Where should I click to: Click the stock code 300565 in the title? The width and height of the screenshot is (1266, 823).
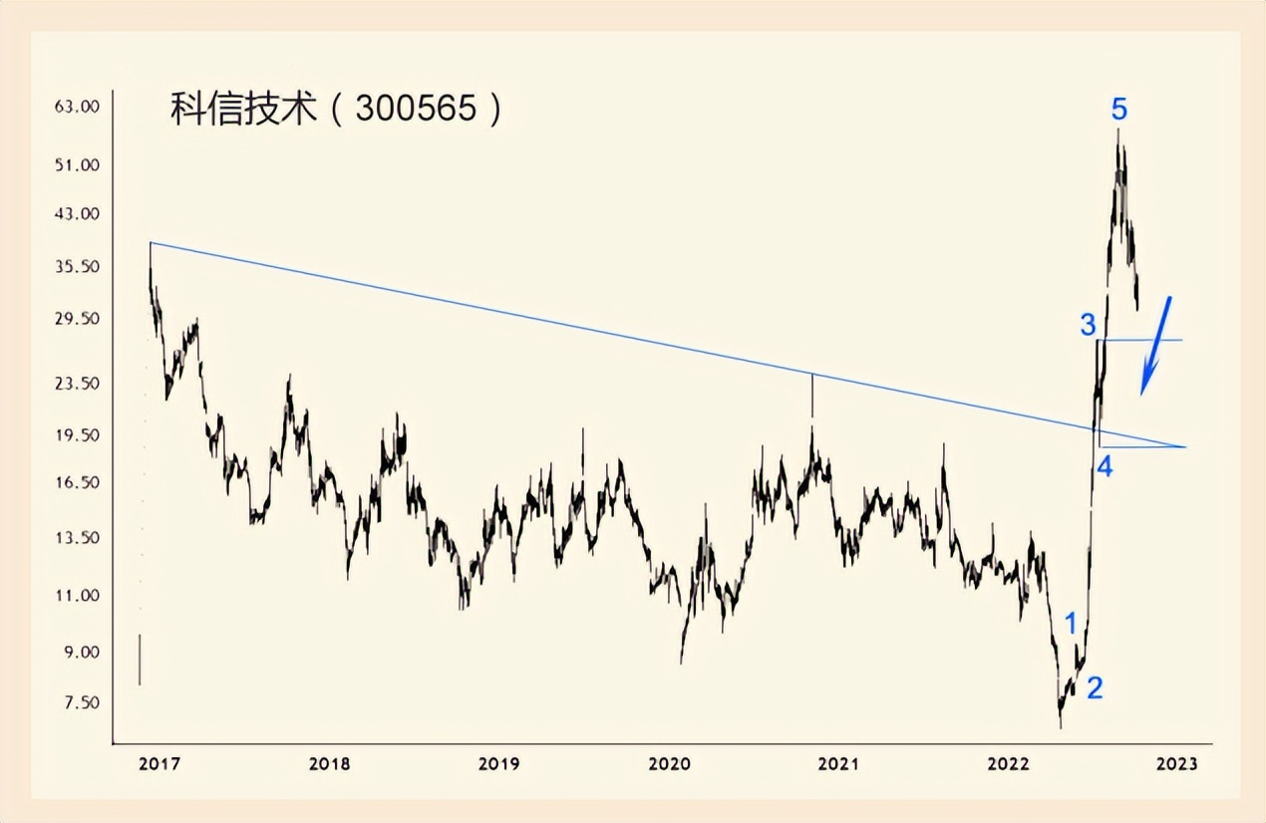417,110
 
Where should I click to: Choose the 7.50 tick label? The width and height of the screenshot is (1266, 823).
79,702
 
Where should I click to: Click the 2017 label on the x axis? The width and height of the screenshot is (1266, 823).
159,764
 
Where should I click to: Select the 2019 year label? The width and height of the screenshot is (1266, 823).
498,764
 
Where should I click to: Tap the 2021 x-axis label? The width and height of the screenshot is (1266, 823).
838,764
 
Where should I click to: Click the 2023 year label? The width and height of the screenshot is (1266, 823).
1177,764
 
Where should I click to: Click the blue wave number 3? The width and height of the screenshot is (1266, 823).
1088,324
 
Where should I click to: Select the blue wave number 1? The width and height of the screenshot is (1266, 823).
1072,624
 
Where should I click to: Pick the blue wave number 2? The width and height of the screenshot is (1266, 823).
1095,687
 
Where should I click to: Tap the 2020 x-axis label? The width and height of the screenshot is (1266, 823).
669,764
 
